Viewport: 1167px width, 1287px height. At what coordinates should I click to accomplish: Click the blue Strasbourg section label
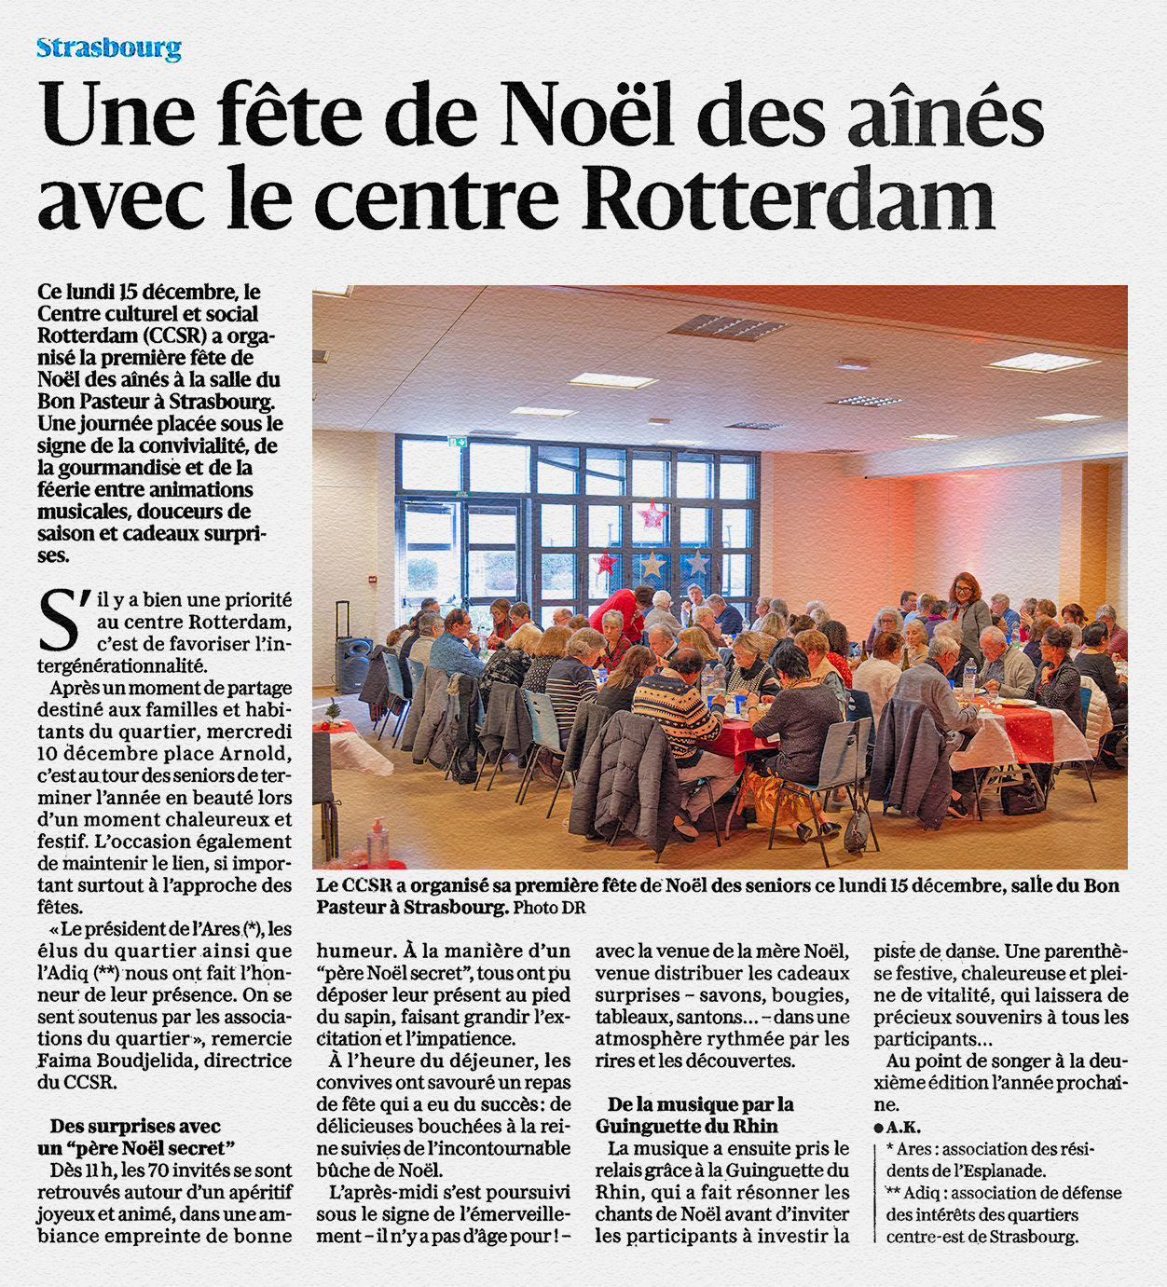109,48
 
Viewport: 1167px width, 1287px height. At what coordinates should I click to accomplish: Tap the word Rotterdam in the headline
791,198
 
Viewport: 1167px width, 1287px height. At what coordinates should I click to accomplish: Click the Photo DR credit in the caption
549,908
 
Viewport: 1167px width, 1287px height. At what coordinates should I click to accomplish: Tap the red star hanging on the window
652,514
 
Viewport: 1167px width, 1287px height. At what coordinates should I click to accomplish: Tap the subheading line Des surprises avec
135,1127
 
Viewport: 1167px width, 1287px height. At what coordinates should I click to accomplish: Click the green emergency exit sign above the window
457,441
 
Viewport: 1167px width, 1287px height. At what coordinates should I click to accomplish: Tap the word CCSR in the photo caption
366,885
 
